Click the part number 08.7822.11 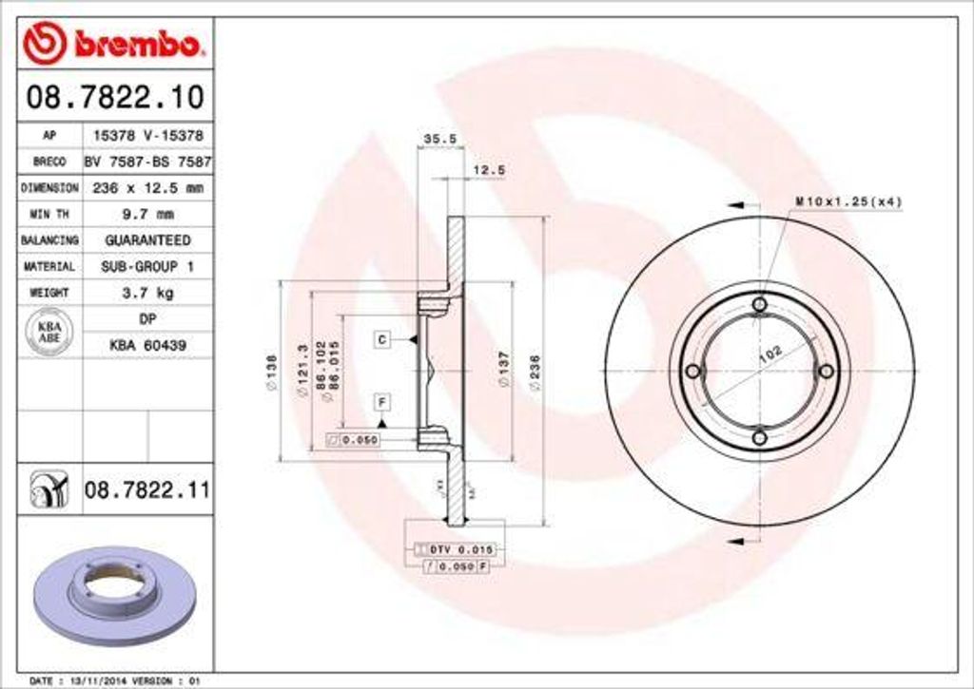[x=146, y=490]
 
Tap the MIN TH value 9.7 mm [x=146, y=214]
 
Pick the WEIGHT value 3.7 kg [x=146, y=293]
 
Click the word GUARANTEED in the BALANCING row [x=146, y=240]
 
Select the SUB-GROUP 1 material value [x=146, y=267]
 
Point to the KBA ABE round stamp [x=49, y=333]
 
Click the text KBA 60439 [x=147, y=346]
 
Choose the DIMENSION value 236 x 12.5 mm [x=147, y=188]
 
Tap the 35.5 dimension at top [x=439, y=139]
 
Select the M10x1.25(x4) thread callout [x=847, y=201]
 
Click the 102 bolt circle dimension [x=770, y=354]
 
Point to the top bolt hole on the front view [x=759, y=304]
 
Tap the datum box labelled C [x=380, y=339]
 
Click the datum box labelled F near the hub [x=380, y=400]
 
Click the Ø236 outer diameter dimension [x=536, y=370]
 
